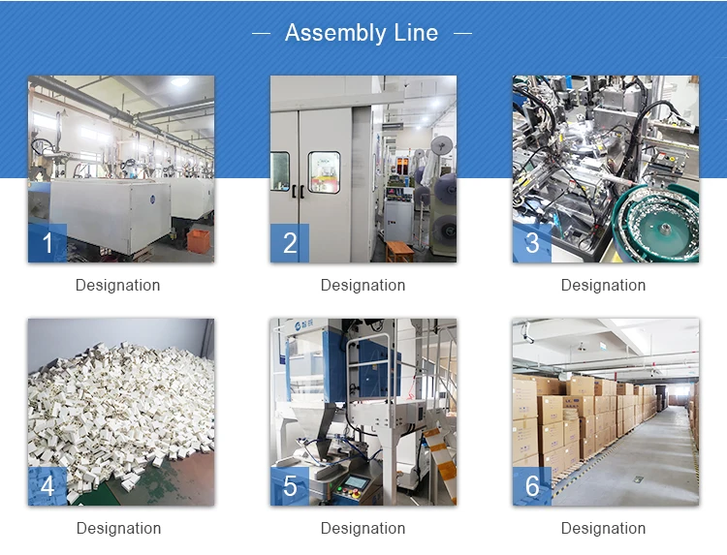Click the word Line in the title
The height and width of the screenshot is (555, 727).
(416, 33)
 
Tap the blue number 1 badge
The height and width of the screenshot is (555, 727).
(47, 243)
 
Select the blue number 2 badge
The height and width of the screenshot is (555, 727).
(289, 243)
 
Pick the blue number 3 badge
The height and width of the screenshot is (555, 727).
(532, 243)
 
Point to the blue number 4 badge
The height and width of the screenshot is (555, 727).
(47, 486)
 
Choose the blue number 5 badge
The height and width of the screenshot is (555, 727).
(289, 486)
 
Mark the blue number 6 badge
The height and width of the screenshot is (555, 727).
(532, 486)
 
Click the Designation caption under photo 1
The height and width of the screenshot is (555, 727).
(118, 286)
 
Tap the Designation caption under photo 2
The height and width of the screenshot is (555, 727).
(363, 286)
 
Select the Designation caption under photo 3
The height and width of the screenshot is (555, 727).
(603, 286)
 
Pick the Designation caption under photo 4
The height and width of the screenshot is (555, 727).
(118, 529)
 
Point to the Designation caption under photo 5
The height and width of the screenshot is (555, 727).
(363, 529)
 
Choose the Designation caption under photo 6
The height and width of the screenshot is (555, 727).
(603, 529)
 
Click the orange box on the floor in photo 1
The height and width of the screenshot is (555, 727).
(200, 239)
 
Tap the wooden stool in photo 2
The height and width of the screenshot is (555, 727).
(398, 251)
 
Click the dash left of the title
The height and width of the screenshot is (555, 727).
(261, 34)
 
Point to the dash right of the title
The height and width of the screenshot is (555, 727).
(462, 34)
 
